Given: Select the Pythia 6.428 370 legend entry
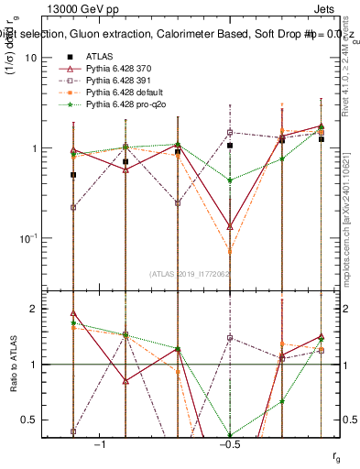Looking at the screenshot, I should coord(123,68).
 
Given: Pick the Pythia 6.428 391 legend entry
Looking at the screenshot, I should coord(123,81).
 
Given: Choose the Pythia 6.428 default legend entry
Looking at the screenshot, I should coord(126,93).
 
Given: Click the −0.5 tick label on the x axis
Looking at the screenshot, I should coord(228,443).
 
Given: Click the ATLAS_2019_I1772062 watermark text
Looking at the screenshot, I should coord(191,273).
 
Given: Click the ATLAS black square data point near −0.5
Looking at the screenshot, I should coord(230,146).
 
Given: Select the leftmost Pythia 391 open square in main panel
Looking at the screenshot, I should coord(73,207).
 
